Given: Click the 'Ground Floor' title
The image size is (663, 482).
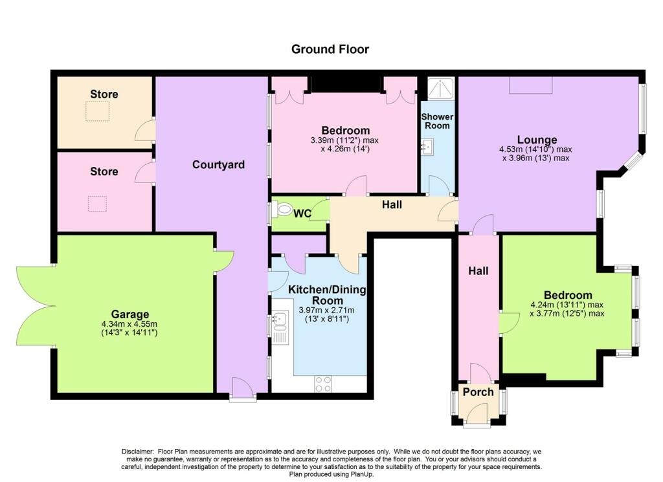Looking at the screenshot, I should (x=330, y=49).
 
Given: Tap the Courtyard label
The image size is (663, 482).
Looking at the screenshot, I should (x=218, y=165).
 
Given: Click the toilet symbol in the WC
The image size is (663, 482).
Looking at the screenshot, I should (x=283, y=210).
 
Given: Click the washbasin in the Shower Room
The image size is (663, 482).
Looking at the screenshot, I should (x=427, y=148).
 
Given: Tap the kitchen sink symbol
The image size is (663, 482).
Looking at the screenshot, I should (x=280, y=319).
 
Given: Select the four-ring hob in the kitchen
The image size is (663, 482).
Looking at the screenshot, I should (x=323, y=384).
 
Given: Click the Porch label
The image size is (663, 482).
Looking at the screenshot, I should (x=478, y=392).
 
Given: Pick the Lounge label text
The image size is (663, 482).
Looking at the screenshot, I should (x=537, y=140).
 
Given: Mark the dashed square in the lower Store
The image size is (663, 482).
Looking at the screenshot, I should (x=97, y=204).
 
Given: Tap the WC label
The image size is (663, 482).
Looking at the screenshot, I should (x=303, y=212).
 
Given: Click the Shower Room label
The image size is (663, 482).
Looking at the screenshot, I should (x=438, y=121).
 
